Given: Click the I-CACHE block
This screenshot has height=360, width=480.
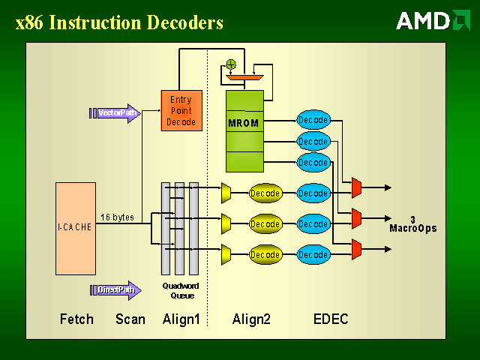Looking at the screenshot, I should [75, 227].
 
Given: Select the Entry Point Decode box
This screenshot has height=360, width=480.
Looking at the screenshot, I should [181, 110].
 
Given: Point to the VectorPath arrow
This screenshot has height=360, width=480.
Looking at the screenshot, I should [118, 113].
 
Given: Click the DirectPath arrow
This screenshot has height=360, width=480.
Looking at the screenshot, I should [118, 290].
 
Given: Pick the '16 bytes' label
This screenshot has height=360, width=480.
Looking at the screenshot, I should [117, 217].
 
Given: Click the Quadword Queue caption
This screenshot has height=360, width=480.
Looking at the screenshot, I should [180, 291].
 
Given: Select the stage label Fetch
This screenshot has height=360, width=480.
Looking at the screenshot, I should [76, 319].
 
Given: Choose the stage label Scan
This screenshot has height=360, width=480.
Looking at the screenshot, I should [130, 319].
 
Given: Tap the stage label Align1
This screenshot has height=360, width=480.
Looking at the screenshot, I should [181, 319].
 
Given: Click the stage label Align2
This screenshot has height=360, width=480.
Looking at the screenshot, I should [251, 319].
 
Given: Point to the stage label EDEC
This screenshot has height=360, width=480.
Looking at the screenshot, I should [331, 319].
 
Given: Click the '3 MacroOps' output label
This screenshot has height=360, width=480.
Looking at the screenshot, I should [412, 223].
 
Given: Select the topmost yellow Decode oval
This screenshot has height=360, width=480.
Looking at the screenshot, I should [265, 193].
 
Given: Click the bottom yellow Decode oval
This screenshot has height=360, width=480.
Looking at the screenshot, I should [265, 255].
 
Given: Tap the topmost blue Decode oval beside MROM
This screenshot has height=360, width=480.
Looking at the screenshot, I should [313, 119].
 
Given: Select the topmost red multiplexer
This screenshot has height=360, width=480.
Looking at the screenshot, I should [356, 187].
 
